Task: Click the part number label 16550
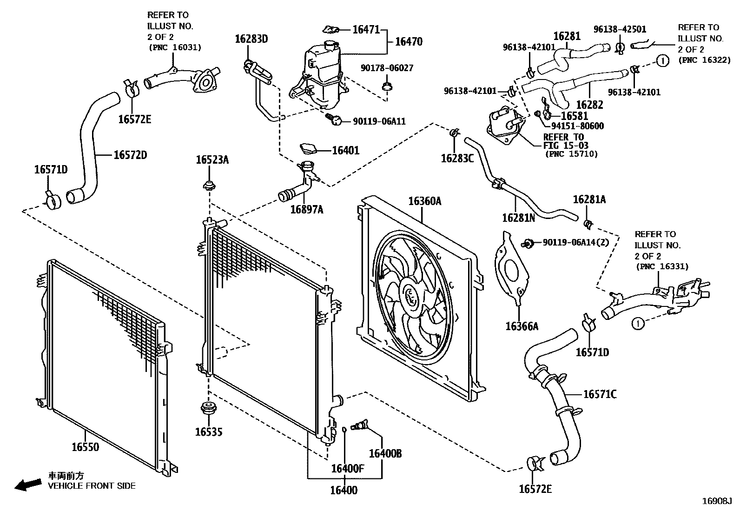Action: pyautogui.click(x=85, y=447)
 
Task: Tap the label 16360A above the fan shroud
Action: pyautogui.click(x=424, y=201)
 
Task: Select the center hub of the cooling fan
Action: pyautogui.click(x=411, y=296)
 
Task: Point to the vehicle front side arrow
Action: pyautogui.click(x=27, y=485)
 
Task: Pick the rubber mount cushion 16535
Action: pyautogui.click(x=209, y=410)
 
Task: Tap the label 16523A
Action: pyautogui.click(x=212, y=160)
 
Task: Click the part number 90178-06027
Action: pyautogui.click(x=387, y=68)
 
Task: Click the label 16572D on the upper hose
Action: pyautogui.click(x=130, y=155)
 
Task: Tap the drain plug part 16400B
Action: pyautogui.click(x=360, y=425)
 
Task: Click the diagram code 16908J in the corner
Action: pyautogui.click(x=717, y=501)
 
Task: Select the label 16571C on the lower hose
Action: pyautogui.click(x=600, y=395)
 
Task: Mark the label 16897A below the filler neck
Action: pyautogui.click(x=306, y=210)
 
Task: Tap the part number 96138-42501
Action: pyautogui.click(x=619, y=29)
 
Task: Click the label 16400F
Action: pyautogui.click(x=347, y=468)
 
